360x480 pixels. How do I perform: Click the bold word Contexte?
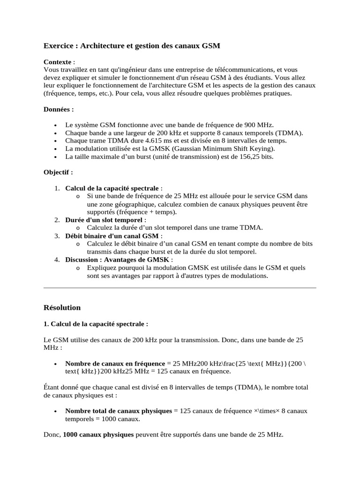click(58, 62)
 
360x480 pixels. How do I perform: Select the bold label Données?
click(58, 109)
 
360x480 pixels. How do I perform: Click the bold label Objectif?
click(58, 172)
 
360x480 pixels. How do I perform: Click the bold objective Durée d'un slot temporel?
click(104, 220)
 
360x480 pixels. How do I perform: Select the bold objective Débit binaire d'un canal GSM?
click(112, 236)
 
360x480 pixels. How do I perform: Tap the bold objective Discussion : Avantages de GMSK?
click(118, 260)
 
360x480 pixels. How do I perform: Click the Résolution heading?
click(62, 307)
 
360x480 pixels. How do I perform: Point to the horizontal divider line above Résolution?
click(180, 287)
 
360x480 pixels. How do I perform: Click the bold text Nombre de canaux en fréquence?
click(115, 363)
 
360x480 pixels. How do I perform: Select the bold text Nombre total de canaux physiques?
click(119, 411)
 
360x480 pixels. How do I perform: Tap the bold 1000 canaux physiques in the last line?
click(98, 435)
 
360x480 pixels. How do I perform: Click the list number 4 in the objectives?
click(56, 260)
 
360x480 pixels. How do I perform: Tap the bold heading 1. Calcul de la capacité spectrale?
click(96, 323)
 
